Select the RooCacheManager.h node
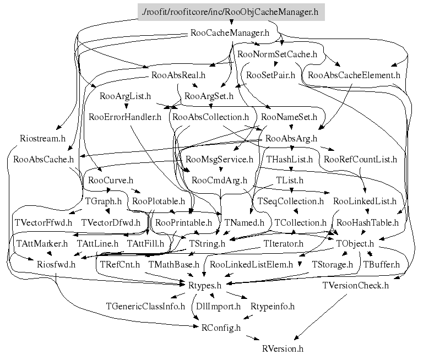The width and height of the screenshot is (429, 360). point(229,32)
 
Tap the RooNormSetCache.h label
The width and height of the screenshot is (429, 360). point(277,54)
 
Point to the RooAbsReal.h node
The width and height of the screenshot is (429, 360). point(177,75)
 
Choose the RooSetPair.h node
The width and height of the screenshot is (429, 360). point(270,75)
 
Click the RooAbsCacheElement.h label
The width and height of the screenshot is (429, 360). point(354,75)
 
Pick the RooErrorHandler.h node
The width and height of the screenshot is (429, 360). point(125,117)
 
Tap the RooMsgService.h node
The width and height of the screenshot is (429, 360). point(219,160)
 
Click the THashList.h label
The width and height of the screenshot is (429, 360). point(289,160)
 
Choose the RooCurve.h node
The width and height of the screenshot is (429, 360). point(110,181)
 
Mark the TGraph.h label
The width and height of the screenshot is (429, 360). point(103,201)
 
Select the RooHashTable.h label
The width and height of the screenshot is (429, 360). point(367,223)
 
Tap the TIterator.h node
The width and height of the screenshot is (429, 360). point(283,243)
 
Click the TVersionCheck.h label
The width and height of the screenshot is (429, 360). point(356,285)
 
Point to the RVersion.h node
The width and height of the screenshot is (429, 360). point(283,348)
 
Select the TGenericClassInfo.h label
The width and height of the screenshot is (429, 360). point(145,306)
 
